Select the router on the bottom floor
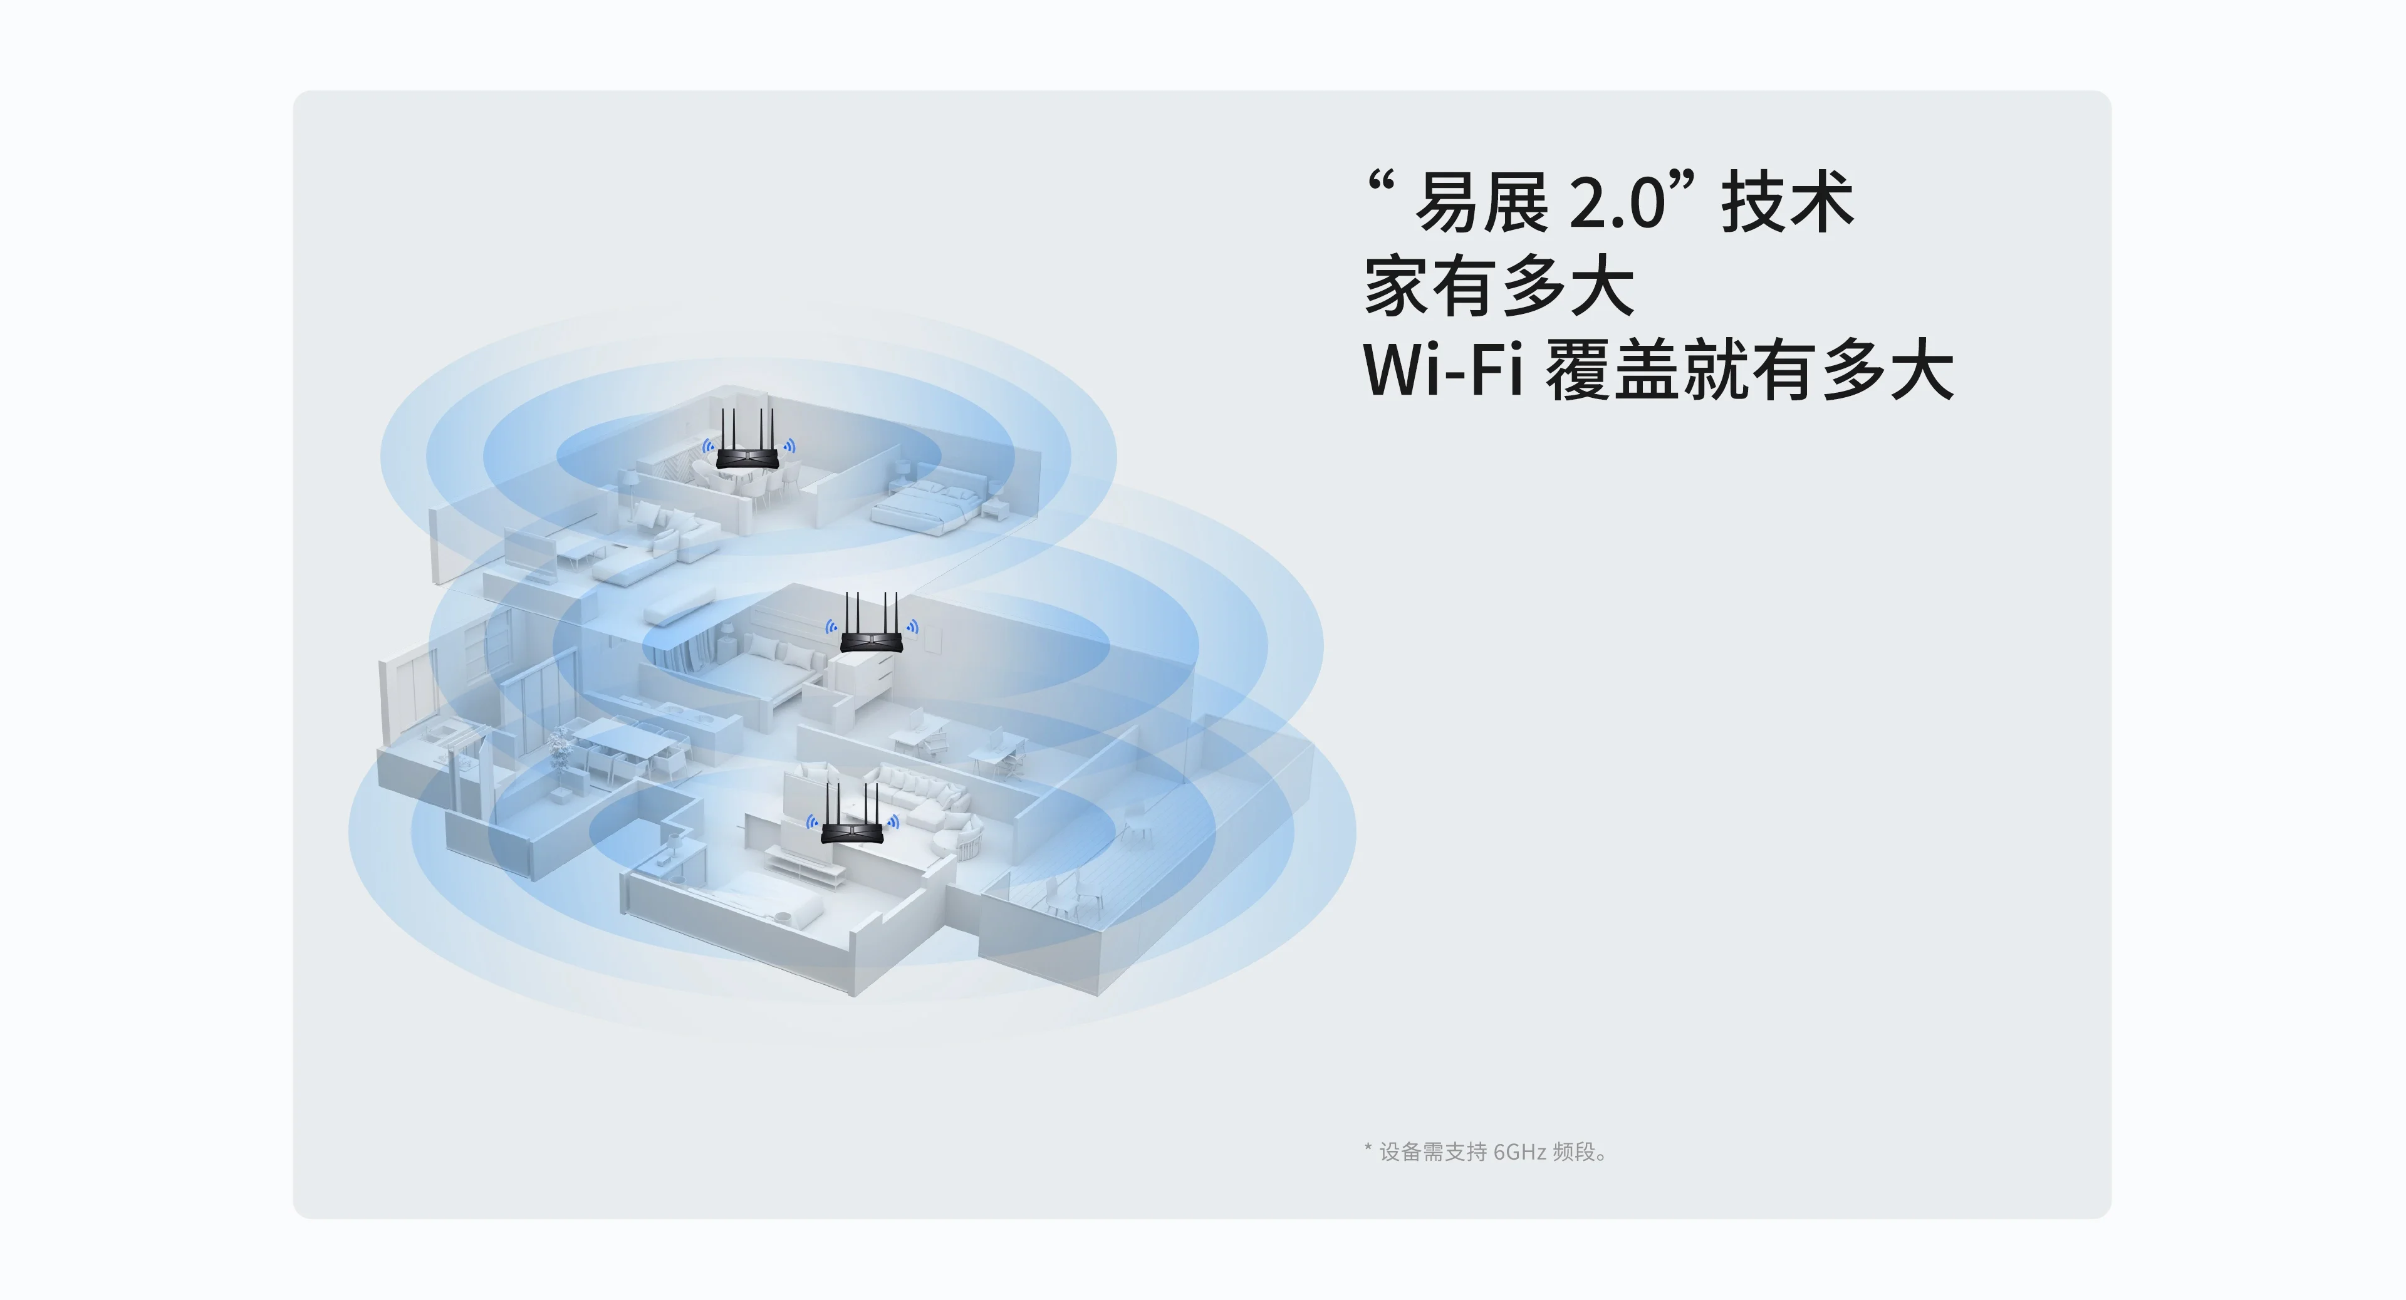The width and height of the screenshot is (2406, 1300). (851, 829)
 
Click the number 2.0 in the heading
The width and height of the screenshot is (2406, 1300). (1617, 202)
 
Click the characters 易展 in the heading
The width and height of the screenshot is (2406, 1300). (1481, 202)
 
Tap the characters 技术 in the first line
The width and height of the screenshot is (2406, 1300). (1787, 202)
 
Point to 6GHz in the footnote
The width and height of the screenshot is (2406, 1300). (1519, 1152)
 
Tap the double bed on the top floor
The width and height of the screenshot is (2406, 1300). (925, 504)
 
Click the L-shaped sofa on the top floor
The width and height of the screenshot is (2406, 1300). (654, 542)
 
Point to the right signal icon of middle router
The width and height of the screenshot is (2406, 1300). (912, 628)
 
